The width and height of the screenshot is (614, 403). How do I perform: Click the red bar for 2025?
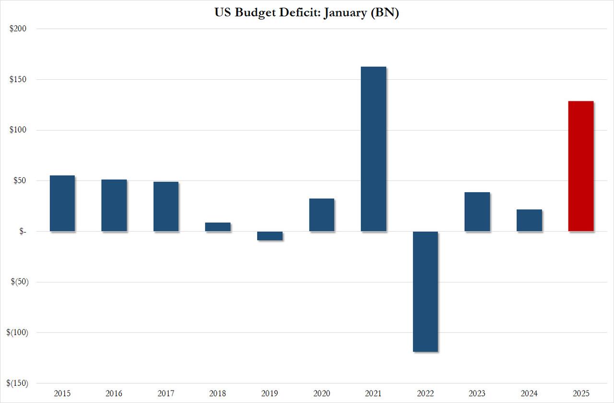(x=581, y=166)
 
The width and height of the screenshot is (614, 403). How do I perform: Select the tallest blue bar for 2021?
(x=373, y=149)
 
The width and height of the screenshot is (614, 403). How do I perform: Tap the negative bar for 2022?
(x=425, y=292)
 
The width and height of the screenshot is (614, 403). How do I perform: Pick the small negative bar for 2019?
(x=270, y=236)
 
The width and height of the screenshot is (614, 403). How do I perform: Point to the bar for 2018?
(x=218, y=227)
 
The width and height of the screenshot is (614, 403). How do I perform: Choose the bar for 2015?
(x=62, y=203)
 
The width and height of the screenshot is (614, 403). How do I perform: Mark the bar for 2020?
(x=321, y=215)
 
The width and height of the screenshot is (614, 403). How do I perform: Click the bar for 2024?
(x=529, y=220)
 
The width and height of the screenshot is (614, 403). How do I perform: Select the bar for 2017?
(x=166, y=207)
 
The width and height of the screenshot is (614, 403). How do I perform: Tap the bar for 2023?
(x=477, y=212)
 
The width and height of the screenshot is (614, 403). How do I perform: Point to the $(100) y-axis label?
(x=16, y=332)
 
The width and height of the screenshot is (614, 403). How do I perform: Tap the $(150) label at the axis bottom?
(x=16, y=383)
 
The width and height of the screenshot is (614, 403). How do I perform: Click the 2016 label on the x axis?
(x=114, y=393)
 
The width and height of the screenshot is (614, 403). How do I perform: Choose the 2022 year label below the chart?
(x=425, y=393)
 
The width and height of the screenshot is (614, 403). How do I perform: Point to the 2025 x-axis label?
(x=581, y=393)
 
